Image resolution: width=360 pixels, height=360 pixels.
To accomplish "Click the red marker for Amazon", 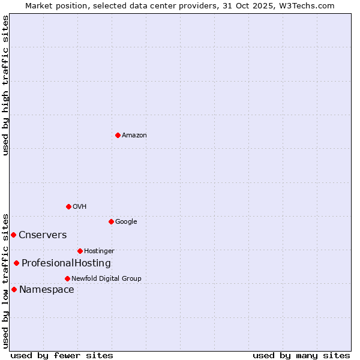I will pos(118,135).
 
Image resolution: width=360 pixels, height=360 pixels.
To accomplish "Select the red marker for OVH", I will pos(68,206).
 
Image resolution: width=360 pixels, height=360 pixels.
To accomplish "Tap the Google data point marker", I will pos(111,221).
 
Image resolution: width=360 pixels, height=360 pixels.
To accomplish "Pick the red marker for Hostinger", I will pos(80,251).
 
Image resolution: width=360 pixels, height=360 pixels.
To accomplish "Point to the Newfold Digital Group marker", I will pos(67,278).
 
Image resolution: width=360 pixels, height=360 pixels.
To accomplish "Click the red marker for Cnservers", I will pos(13,235).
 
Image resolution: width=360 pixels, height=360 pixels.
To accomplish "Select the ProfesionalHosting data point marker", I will pos(16,263).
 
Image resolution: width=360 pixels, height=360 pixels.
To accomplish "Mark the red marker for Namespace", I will pos(14,289).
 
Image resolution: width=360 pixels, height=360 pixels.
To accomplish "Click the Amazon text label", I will pos(134,136).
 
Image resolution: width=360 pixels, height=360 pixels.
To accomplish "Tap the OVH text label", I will pos(80,207).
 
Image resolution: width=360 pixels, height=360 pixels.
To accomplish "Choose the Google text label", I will pos(126,222).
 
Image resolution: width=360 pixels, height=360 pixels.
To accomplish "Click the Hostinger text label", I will pos(99,251).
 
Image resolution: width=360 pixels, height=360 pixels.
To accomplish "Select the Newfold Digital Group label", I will pos(106,279).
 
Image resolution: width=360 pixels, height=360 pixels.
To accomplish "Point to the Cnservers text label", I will pos(43,235).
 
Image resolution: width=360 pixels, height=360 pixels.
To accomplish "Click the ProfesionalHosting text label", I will pos(66,263).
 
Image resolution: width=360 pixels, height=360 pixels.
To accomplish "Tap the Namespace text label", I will pos(47,290).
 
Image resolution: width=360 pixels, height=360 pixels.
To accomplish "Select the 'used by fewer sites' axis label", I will pos(62,355).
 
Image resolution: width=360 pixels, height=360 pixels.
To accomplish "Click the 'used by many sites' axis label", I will pos(301,355).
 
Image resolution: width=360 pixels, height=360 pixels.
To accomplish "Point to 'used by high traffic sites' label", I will pos(6,85).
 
